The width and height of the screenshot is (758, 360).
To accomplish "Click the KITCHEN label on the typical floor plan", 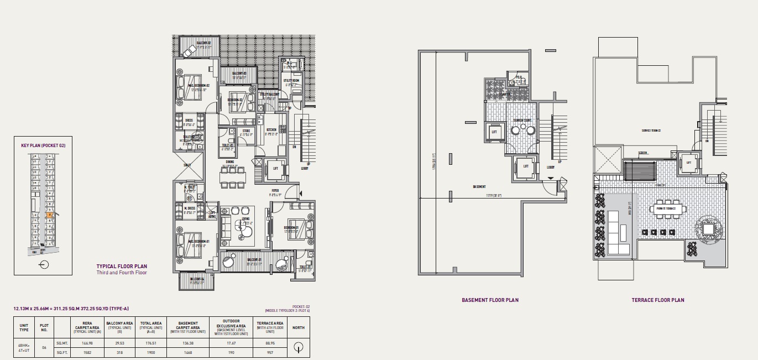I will (270, 130).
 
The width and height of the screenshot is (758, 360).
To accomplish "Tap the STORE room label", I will (246, 132).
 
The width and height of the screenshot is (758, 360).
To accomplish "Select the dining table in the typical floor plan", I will (233, 176).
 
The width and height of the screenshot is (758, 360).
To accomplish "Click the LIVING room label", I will (245, 220).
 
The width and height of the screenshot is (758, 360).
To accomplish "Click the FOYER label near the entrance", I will (275, 192).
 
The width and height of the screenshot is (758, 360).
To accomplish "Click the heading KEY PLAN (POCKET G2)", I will (43, 145).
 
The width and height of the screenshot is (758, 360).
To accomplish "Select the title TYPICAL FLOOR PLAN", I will (122, 266).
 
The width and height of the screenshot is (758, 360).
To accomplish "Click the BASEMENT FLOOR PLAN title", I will (490, 300).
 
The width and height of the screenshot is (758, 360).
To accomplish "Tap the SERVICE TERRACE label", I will (651, 131).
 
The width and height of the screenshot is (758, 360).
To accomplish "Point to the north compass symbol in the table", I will (299, 347).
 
